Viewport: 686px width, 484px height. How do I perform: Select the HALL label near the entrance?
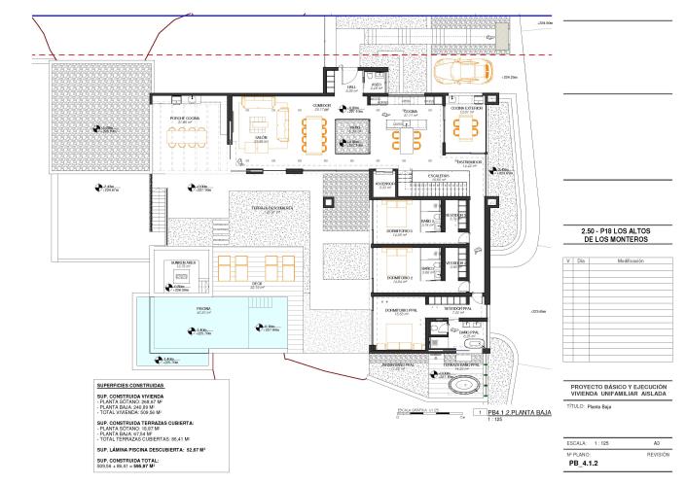click(351, 88)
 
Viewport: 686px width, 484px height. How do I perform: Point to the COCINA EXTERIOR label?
click(465, 108)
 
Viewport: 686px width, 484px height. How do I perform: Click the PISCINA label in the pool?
click(203, 308)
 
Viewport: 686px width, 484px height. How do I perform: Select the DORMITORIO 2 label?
click(400, 278)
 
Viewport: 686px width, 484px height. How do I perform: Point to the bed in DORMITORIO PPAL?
click(399, 335)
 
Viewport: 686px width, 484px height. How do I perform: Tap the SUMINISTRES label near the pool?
click(183, 262)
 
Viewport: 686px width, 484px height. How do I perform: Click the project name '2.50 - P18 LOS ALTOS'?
click(616, 229)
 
